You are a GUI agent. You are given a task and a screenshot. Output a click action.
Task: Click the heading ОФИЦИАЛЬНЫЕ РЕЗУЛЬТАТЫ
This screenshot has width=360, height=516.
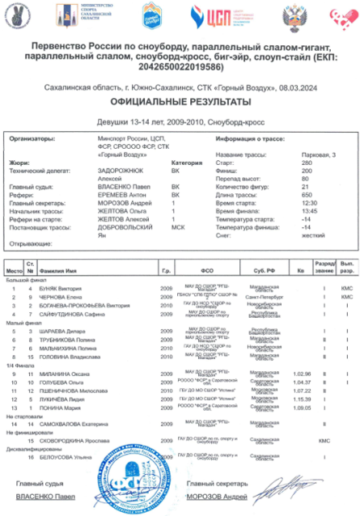(180, 104)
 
